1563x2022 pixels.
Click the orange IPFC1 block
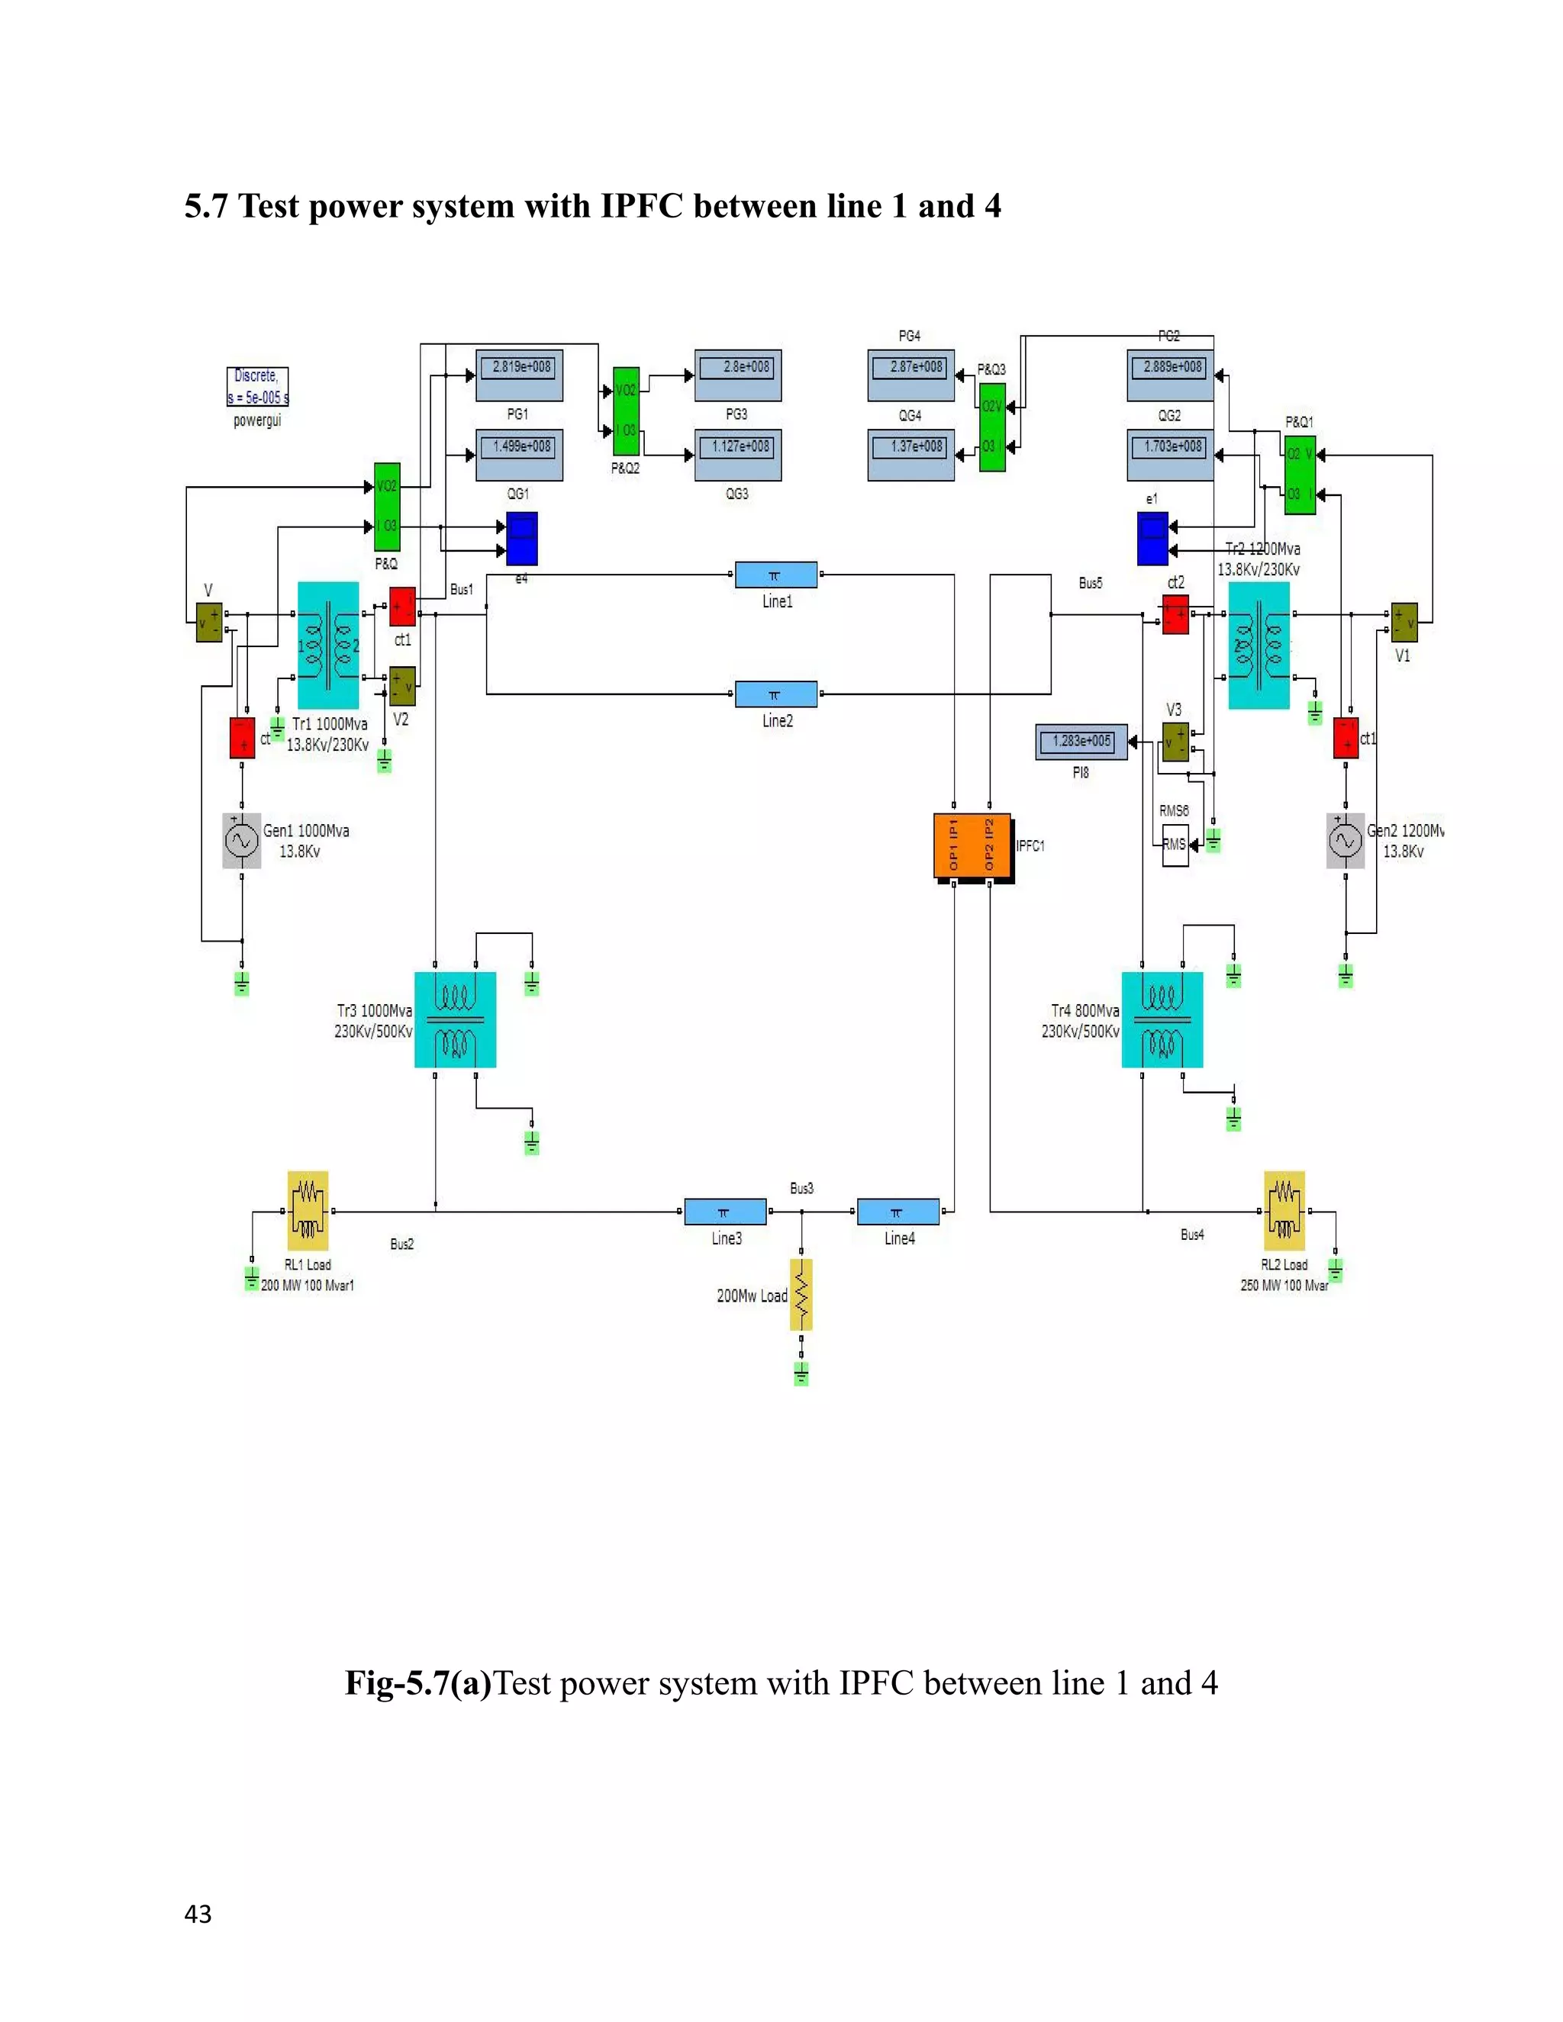pos(972,845)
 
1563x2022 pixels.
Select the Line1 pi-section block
pos(776,575)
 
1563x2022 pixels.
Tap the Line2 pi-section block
pos(776,694)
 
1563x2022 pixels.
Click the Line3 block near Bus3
pos(725,1211)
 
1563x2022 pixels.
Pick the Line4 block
pos(898,1211)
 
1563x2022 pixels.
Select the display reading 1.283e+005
pos(1081,742)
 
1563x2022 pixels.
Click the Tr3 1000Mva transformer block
pos(455,1019)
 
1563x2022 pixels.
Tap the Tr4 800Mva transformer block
pos(1162,1019)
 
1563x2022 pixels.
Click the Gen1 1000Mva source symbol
pos(242,841)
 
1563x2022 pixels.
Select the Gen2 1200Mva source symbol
pos(1345,841)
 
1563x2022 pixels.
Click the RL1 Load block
pos(308,1211)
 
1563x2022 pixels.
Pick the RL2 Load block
pos(1284,1211)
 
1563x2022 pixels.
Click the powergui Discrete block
pos(257,387)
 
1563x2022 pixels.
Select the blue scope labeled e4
pos(521,539)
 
